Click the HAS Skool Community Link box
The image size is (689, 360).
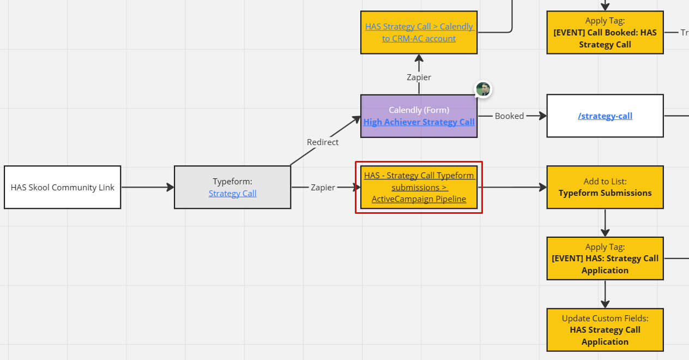(63, 187)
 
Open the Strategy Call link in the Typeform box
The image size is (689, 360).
(233, 193)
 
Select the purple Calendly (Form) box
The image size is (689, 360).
(419, 116)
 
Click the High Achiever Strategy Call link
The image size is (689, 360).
(419, 122)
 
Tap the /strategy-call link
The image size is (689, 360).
(605, 116)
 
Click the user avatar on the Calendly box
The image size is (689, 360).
(483, 89)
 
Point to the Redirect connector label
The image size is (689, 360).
(323, 142)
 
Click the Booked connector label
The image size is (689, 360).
(509, 116)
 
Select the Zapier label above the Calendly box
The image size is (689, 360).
(419, 77)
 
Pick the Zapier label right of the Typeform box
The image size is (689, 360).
(323, 188)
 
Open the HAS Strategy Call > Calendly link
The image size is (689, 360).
(419, 32)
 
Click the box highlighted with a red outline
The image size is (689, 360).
(419, 187)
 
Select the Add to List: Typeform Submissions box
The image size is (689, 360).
(605, 187)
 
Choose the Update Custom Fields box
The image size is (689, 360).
(605, 330)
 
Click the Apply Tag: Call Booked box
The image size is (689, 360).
(605, 32)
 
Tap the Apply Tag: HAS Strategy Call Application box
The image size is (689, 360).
(605, 259)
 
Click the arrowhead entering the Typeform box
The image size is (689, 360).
(170, 187)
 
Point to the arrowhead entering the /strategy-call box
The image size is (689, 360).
(543, 116)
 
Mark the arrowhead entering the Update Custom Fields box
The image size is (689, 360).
(605, 304)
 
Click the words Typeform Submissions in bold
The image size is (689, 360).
(605, 193)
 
